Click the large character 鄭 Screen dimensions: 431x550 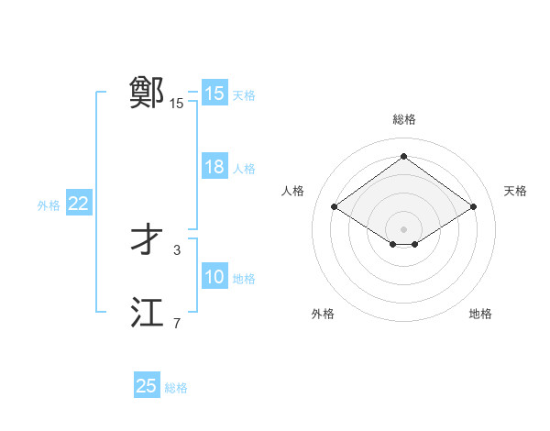[147, 93]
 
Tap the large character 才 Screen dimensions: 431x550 [147, 240]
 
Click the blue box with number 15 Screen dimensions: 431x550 [214, 94]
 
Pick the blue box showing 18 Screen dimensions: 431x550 [214, 168]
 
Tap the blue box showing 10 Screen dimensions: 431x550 [214, 278]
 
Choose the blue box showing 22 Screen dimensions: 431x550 [78, 204]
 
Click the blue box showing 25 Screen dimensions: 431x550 [147, 386]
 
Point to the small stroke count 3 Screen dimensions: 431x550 [177, 249]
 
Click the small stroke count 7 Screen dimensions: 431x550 [177, 322]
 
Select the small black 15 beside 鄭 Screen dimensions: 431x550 [177, 104]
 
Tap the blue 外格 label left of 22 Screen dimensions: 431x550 [49, 205]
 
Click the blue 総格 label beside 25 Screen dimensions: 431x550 [176, 388]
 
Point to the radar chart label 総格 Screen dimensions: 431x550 [403, 119]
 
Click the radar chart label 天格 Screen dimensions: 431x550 [515, 191]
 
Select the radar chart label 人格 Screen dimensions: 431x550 [292, 191]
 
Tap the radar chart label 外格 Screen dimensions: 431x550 [323, 314]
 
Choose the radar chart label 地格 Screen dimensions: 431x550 [480, 314]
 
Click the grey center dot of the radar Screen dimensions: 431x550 [403, 227]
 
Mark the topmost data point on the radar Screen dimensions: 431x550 [403, 157]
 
